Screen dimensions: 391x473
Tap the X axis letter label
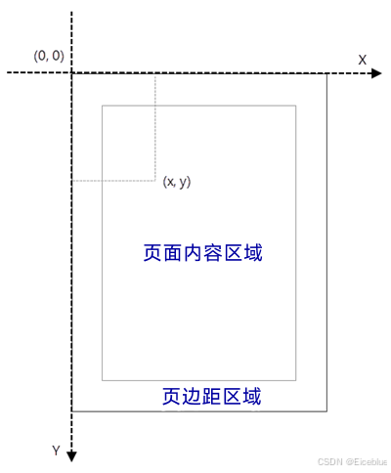tap(363, 60)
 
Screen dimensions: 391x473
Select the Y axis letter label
tap(56, 451)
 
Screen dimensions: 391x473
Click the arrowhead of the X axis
tap(376, 73)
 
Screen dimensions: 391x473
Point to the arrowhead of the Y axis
tap(71, 456)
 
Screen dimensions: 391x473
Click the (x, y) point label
tap(177, 182)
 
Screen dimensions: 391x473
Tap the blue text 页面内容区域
tap(202, 253)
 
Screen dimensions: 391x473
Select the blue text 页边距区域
tap(212, 396)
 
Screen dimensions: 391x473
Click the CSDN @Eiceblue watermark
tap(352, 462)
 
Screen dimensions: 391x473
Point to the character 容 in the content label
tap(213, 253)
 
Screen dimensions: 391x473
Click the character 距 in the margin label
tap(212, 396)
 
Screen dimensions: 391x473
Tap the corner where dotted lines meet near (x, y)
tap(155, 181)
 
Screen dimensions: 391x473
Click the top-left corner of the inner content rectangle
tap(103, 106)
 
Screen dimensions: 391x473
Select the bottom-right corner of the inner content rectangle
tap(296, 380)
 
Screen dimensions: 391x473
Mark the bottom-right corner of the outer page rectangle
tap(326, 411)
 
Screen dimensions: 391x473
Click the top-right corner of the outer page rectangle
tap(326, 74)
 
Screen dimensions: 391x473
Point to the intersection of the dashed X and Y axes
tap(71, 73)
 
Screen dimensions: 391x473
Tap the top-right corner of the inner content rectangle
tap(296, 106)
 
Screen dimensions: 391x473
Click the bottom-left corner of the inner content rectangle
tap(103, 380)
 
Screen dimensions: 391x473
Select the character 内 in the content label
tap(193, 253)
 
